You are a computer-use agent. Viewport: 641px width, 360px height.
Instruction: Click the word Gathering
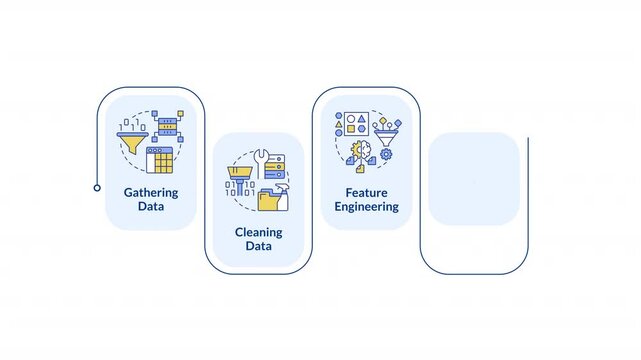click(151, 191)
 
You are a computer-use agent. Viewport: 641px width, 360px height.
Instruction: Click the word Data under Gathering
click(151, 207)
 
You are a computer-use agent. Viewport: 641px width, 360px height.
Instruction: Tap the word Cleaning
click(259, 231)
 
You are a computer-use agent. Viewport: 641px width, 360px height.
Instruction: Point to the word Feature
click(367, 191)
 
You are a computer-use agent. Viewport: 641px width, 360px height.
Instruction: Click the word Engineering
click(367, 207)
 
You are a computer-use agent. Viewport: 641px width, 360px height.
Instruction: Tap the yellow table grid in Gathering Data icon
click(160, 161)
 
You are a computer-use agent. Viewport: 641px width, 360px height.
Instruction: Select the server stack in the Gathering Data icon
click(166, 127)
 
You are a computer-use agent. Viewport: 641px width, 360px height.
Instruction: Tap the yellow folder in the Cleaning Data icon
click(268, 200)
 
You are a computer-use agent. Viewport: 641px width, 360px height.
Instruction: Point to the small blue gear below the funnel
click(387, 155)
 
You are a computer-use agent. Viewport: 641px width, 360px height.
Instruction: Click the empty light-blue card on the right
click(473, 179)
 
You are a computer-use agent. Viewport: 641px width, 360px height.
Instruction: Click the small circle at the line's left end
click(97, 187)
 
